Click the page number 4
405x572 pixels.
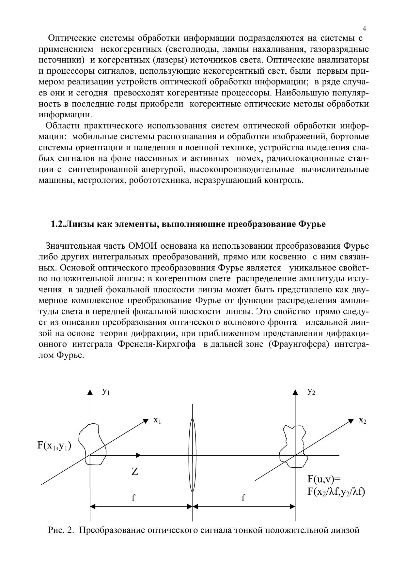click(364, 28)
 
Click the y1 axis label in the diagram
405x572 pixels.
click(106, 391)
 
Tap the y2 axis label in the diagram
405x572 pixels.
click(311, 391)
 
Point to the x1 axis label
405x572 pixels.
click(157, 420)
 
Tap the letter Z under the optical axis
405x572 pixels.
click(135, 471)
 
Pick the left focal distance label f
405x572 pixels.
click(133, 498)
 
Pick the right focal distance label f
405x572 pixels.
click(243, 498)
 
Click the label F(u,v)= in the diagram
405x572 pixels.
click(324, 479)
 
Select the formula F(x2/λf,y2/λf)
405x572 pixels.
click(336, 491)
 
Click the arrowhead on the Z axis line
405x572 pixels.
click(139, 455)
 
